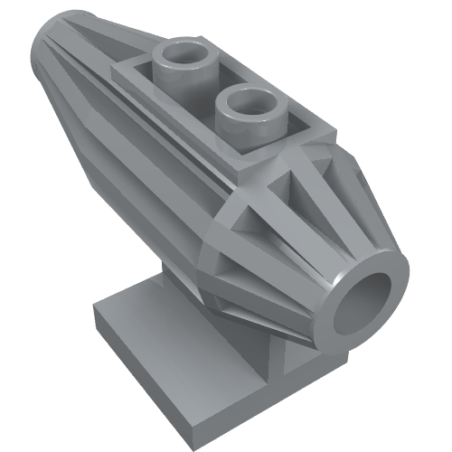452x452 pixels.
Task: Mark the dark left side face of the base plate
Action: [x=102, y=334]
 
